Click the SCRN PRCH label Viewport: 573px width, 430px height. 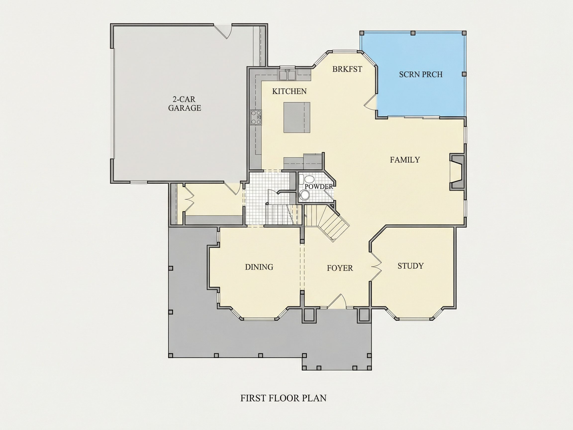click(421, 75)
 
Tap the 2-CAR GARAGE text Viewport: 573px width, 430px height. click(185, 104)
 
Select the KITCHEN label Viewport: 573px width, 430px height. click(289, 91)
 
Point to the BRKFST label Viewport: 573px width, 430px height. click(347, 69)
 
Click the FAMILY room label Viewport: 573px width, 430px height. click(405, 160)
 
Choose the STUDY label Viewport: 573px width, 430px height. click(411, 266)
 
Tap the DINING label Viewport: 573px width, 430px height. click(259, 267)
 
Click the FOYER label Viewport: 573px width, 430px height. click(340, 268)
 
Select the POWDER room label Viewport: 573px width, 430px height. click(319, 187)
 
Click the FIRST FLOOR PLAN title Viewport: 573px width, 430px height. click(284, 398)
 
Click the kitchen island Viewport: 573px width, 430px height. click(297, 117)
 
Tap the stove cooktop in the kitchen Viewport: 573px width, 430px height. click(256, 118)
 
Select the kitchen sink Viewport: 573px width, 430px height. click(287, 74)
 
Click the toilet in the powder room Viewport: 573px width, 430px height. click(307, 179)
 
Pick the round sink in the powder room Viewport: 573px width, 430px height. click(304, 195)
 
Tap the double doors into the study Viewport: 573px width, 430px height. click(376, 266)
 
